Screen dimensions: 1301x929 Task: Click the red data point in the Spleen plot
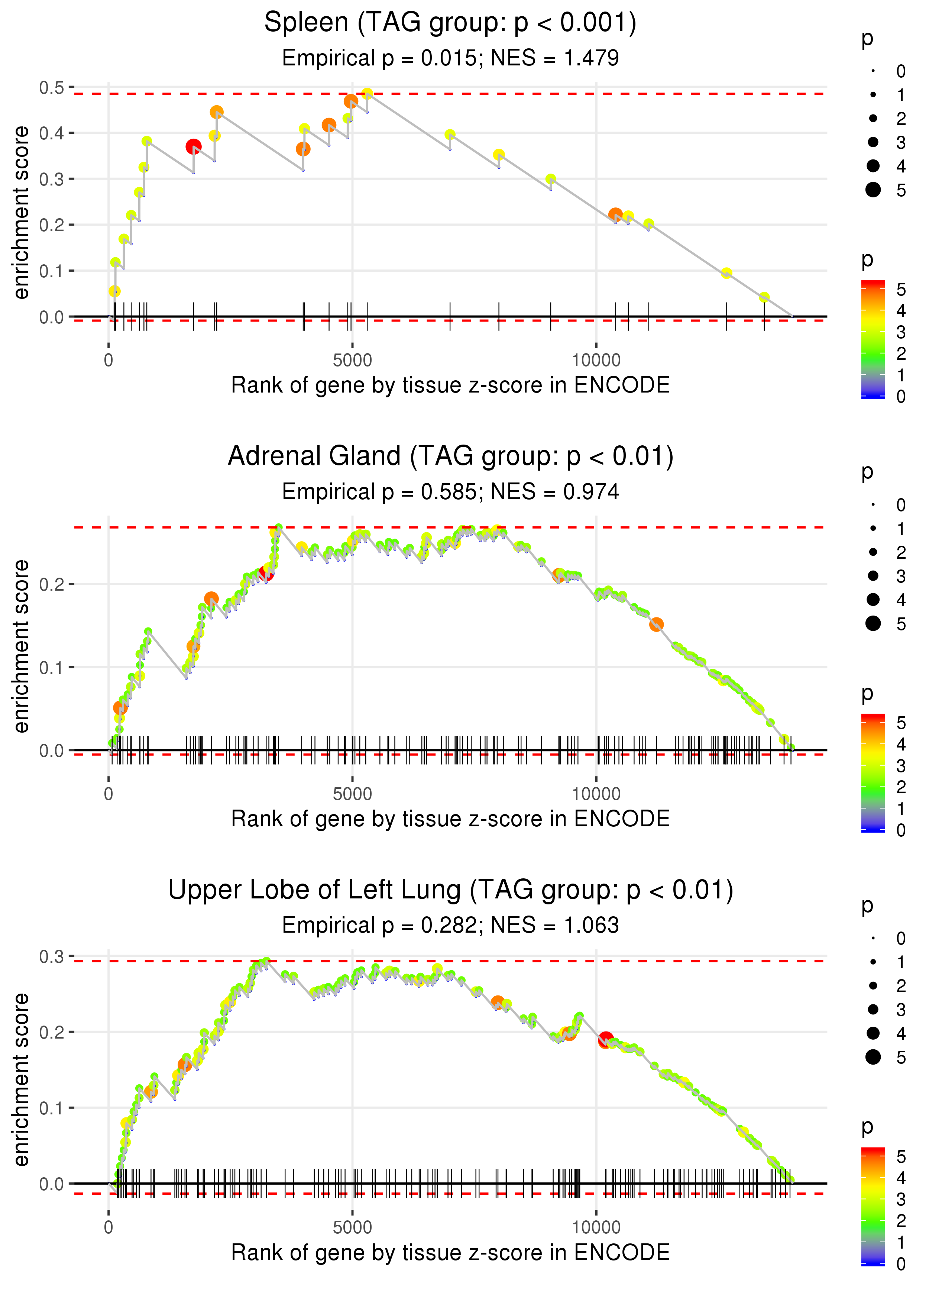pyautogui.click(x=193, y=146)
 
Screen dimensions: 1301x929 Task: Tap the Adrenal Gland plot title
pyautogui.click(x=450, y=456)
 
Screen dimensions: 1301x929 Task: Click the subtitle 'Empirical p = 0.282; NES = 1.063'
pyautogui.click(x=450, y=925)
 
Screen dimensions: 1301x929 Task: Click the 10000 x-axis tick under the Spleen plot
pyautogui.click(x=596, y=361)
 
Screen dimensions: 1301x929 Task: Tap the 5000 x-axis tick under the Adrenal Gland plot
pyautogui.click(x=352, y=794)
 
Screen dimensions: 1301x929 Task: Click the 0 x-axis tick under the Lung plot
pyautogui.click(x=109, y=1228)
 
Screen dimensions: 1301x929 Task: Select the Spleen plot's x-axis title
pyautogui.click(x=450, y=385)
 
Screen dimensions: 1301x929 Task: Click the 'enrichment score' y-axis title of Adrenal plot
pyautogui.click(x=21, y=646)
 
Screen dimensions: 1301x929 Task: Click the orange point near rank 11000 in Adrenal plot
pyautogui.click(x=656, y=624)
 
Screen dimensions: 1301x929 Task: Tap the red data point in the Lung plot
pyautogui.click(x=606, y=1040)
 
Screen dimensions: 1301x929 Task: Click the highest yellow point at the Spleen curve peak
pyautogui.click(x=367, y=93)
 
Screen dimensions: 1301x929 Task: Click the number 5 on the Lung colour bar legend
pyautogui.click(x=901, y=1157)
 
